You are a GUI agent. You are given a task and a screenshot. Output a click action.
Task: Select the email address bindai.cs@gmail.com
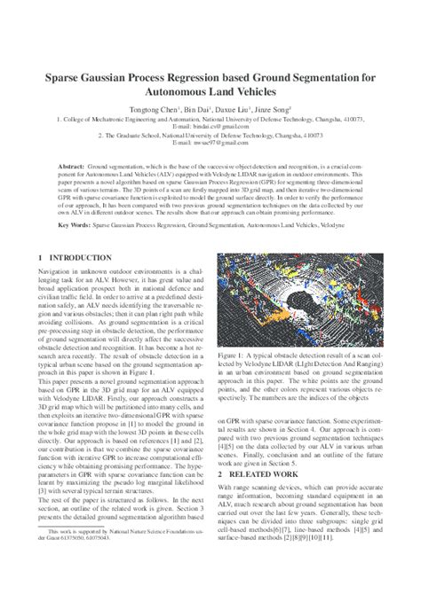coord(207,126)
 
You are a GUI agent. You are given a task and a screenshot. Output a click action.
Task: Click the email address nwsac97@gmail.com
coord(207,143)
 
